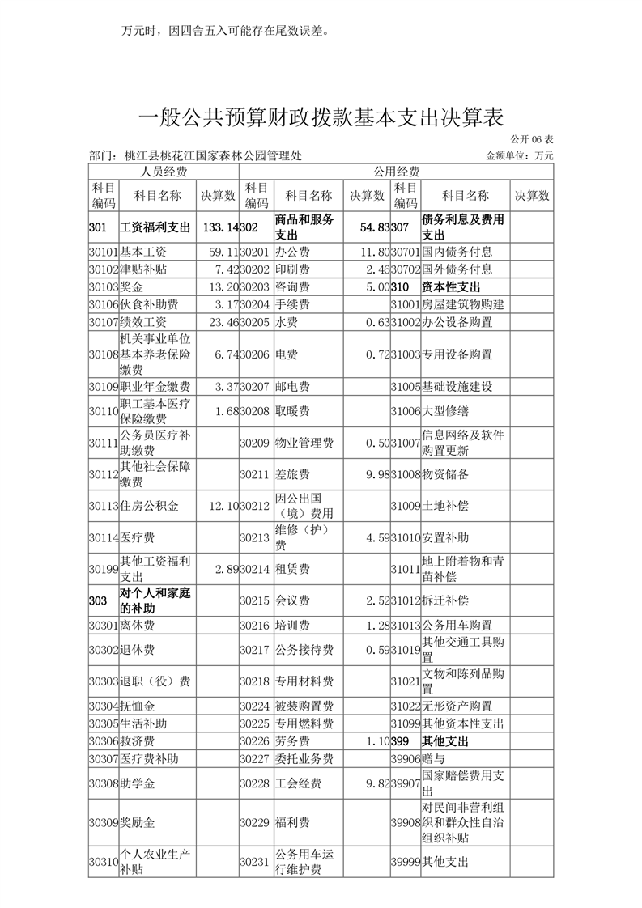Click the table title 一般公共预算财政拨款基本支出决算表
tap(321, 117)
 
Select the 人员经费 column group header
tap(164, 172)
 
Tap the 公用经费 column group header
tap(396, 172)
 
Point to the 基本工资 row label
tap(144, 252)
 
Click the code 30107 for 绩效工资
tap(104, 322)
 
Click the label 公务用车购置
tap(457, 626)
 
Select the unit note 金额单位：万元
tap(520, 155)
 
